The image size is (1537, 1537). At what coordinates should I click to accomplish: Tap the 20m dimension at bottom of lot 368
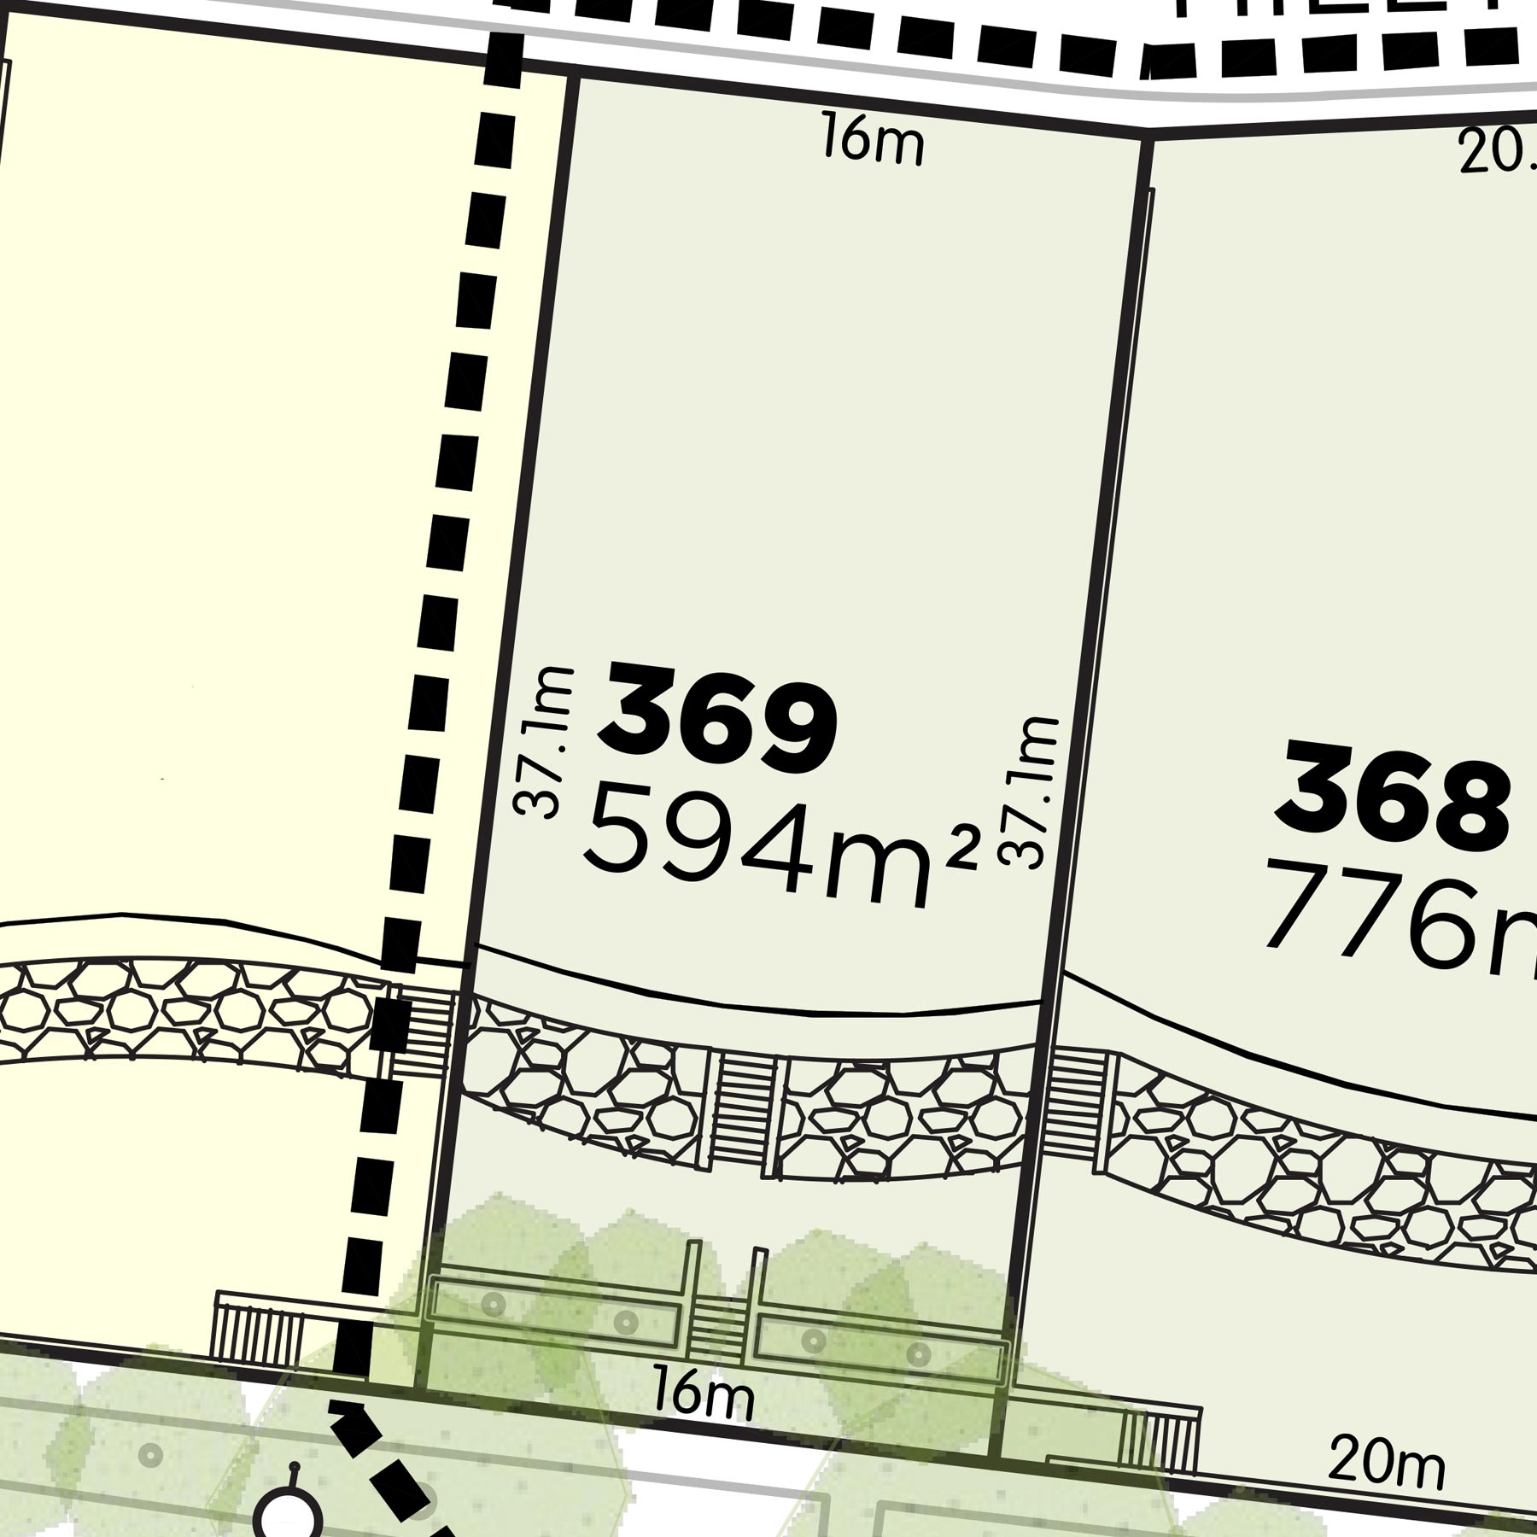pos(1386,1462)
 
